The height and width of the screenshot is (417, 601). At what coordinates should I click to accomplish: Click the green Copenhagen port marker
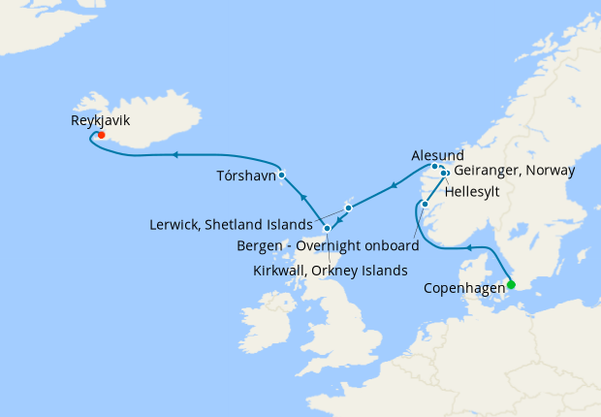[512, 284]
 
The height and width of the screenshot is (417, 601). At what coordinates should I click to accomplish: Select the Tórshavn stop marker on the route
[281, 176]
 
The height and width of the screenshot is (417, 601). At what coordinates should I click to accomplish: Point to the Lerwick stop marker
[348, 207]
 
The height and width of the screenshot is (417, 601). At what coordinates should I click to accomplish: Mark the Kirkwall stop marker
[328, 229]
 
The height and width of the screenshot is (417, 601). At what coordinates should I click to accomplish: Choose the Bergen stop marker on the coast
[425, 204]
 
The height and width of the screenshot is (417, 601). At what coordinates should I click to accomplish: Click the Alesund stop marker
[434, 167]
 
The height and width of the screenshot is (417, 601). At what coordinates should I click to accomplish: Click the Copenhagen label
[464, 288]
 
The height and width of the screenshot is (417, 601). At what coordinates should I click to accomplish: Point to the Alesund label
[437, 154]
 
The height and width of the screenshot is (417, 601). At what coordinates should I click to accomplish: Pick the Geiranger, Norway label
[515, 171]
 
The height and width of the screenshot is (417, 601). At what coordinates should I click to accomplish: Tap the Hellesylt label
[475, 191]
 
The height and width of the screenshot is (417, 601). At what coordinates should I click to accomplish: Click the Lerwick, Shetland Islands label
[230, 224]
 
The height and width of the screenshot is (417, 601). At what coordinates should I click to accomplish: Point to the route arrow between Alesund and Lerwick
[395, 183]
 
